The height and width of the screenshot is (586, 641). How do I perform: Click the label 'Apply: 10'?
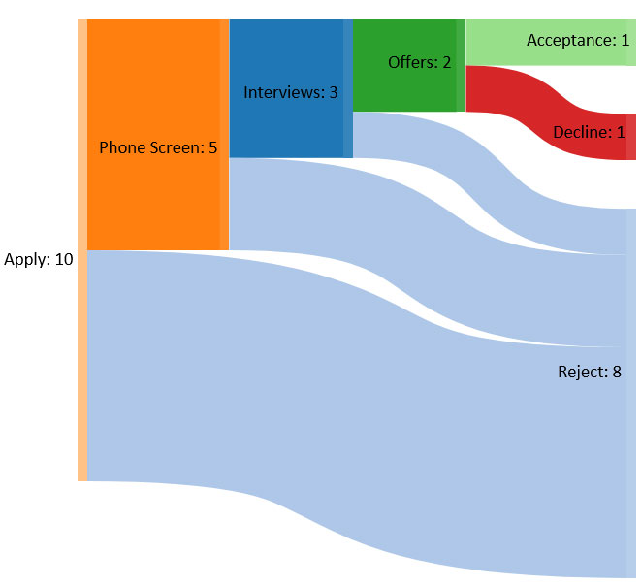[x=39, y=259]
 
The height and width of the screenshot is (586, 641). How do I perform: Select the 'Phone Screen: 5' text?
[x=158, y=147]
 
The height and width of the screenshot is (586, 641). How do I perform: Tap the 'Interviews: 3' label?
[x=291, y=92]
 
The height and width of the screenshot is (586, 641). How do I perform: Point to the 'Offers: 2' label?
[x=420, y=62]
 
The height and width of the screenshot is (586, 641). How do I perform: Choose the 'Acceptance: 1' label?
[x=578, y=40]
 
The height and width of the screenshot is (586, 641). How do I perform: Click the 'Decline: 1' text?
[x=589, y=132]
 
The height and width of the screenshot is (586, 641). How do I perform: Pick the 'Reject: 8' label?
[x=590, y=372]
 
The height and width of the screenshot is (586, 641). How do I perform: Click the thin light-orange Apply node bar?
[x=82, y=250]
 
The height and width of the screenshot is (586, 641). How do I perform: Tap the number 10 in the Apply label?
[x=64, y=259]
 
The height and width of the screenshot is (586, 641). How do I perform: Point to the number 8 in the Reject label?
[x=617, y=372]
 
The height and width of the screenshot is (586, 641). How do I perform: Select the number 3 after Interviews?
[x=334, y=92]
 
